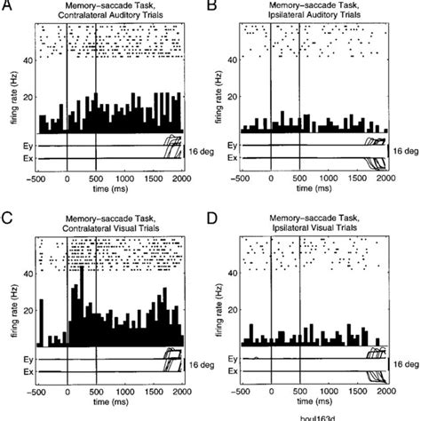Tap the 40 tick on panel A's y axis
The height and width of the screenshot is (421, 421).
(28, 60)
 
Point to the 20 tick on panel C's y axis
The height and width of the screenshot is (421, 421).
(28, 310)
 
